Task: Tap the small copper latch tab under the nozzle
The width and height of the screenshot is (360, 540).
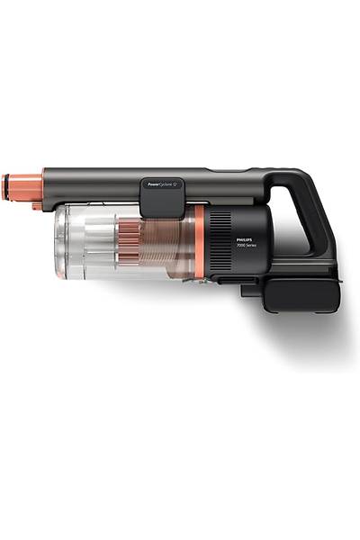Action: point(36,205)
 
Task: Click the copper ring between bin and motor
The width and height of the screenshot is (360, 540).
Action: point(198,243)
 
